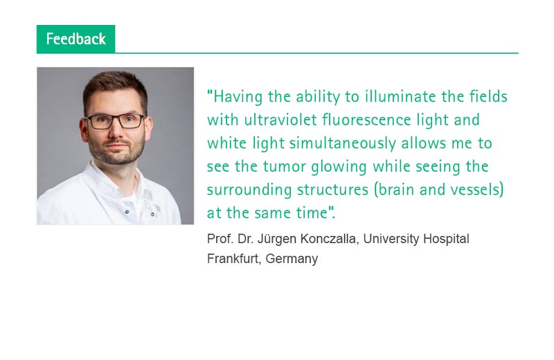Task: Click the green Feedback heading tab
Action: click(x=75, y=39)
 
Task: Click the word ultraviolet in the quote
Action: click(x=280, y=120)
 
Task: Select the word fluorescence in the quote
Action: click(x=367, y=120)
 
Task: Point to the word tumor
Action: click(x=285, y=166)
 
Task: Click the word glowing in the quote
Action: click(x=339, y=167)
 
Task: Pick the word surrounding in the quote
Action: click(x=249, y=190)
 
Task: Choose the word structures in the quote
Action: click(x=333, y=190)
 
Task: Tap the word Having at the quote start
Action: click(x=238, y=97)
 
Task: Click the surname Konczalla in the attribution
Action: click(x=330, y=239)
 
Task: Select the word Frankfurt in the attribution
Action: click(x=233, y=259)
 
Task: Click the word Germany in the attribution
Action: click(x=292, y=259)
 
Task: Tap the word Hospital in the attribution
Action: click(x=446, y=239)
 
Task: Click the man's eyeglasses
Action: click(x=115, y=121)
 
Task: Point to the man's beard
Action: click(x=116, y=150)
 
